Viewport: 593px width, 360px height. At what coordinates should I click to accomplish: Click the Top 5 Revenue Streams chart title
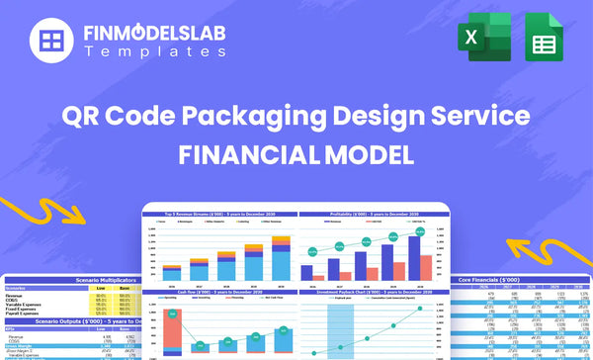coord(218,215)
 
